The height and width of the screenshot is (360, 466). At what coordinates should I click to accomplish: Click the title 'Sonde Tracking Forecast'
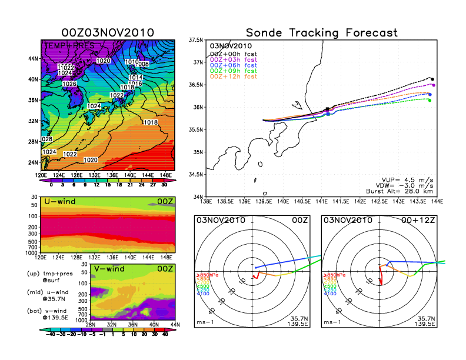coord(321,32)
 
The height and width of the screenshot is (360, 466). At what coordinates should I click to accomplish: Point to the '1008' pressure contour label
coord(143,63)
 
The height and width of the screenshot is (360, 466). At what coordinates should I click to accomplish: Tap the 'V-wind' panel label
coord(110,269)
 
